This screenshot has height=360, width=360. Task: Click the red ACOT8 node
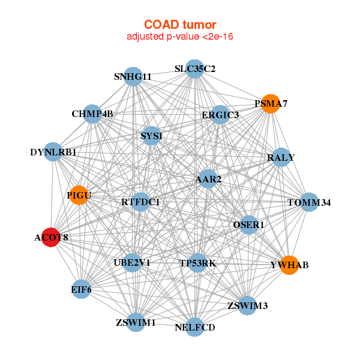point(51,237)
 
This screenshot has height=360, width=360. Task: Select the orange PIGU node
point(79,195)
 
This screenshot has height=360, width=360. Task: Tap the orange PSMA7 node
point(271,104)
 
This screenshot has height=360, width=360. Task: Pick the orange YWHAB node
point(290,265)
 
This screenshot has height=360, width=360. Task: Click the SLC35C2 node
point(194,69)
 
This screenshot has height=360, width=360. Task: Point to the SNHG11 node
point(133,77)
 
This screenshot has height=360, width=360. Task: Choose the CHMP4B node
point(92,114)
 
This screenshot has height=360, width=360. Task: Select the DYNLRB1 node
point(53,152)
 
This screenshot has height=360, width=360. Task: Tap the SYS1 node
point(151,136)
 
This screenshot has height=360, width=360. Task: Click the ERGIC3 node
point(220,115)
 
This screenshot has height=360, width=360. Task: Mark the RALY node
point(281,157)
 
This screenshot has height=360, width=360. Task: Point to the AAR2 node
point(208,179)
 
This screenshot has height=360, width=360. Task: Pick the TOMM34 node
point(309,202)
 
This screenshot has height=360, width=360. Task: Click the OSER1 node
point(248,225)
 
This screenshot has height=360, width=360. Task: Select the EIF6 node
point(81,289)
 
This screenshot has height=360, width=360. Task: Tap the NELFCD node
point(194,327)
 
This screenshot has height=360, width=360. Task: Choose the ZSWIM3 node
point(247,305)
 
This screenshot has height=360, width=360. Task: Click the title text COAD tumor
point(180,25)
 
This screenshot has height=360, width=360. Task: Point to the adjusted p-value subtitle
point(180,37)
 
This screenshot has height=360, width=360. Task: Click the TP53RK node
point(197,263)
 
